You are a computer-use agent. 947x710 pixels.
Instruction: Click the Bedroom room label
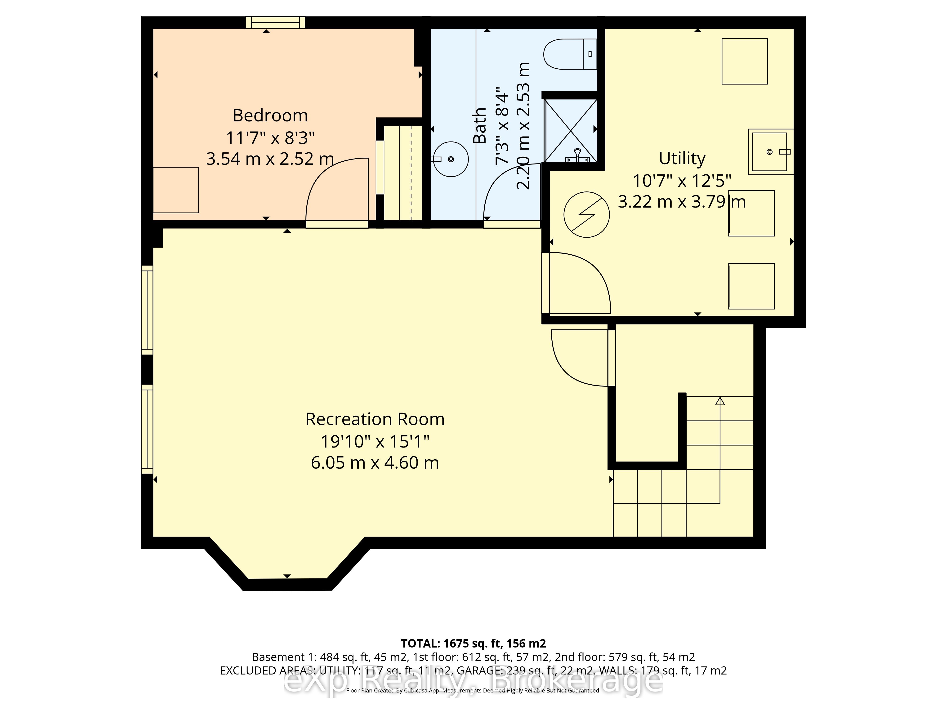click(x=270, y=115)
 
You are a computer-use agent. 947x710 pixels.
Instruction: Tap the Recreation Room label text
click(x=375, y=419)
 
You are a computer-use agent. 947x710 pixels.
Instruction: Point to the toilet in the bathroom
click(x=570, y=54)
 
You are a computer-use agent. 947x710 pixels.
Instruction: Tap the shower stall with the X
click(x=571, y=131)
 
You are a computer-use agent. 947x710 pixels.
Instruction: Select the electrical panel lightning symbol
click(x=586, y=214)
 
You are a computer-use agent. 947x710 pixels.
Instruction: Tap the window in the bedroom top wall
click(x=275, y=22)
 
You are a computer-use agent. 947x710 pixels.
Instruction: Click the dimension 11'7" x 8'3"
click(x=270, y=138)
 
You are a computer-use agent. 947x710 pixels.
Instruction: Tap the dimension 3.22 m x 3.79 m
click(x=682, y=202)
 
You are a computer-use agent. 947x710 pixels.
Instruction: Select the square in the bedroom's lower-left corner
click(x=176, y=190)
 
